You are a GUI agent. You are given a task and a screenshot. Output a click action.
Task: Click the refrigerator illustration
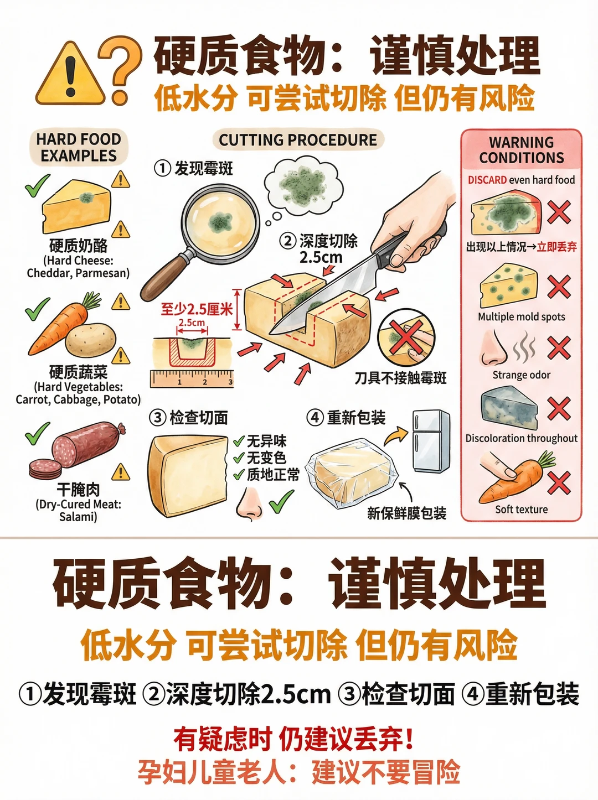point(431,441)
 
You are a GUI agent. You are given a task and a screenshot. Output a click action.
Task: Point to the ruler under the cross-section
point(192,378)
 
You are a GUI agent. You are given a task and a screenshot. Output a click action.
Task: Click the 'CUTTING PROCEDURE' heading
point(298,140)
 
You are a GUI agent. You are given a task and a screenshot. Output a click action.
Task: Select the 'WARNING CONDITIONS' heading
point(522,150)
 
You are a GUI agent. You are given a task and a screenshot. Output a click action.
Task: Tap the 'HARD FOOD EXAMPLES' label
point(79,147)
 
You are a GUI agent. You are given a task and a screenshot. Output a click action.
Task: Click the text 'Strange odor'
point(522,375)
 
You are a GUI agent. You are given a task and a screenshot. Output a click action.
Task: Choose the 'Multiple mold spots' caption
point(522,316)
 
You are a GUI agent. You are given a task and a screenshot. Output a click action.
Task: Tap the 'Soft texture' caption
point(522,509)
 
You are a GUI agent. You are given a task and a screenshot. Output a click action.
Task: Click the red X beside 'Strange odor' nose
point(559,348)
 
